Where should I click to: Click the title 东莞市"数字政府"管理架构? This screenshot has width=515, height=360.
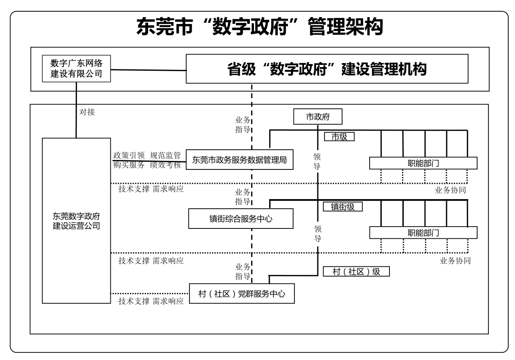pos(260,27)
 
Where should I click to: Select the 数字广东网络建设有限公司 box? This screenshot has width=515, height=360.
pos(76,68)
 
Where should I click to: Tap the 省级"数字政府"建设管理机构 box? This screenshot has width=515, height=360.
pos(327,69)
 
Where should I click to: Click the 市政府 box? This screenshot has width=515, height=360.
pos(318,117)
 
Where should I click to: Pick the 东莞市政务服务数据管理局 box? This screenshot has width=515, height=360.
pos(239,159)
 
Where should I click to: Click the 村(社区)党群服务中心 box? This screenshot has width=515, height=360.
pos(242,294)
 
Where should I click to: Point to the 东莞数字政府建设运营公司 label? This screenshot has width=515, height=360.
pos(76,220)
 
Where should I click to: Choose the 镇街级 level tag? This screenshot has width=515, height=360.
pos(343,206)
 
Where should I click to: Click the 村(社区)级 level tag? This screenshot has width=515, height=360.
pos(356,272)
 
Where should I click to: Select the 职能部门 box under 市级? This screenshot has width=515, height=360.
pos(423,163)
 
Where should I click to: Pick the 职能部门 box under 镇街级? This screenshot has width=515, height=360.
pos(423,232)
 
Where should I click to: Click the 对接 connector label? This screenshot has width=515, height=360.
pos(87,112)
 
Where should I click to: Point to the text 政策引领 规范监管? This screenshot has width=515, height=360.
pos(147,155)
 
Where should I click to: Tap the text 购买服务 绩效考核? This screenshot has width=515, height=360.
pos(147,165)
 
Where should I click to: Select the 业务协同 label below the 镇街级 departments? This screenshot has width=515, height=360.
pos(455,260)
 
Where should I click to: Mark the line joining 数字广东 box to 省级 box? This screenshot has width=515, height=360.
pos(149,69)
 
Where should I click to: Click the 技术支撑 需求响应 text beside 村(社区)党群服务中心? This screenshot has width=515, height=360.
pos(151,301)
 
